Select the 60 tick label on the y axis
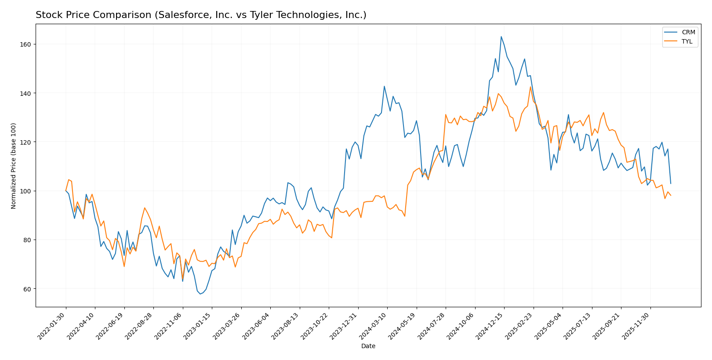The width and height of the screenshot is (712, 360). coord(26,289)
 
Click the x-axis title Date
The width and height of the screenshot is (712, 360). coord(368,346)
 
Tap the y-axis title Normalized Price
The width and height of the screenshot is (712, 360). coord(14,166)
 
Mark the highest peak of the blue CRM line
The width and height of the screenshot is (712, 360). coord(501,36)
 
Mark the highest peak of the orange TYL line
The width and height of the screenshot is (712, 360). coord(530,87)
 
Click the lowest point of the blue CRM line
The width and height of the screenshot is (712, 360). coord(200,294)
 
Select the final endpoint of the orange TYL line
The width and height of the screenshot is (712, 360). coord(671,196)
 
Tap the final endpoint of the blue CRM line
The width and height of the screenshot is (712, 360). coord(671,183)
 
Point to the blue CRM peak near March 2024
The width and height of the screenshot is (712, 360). coord(384,86)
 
